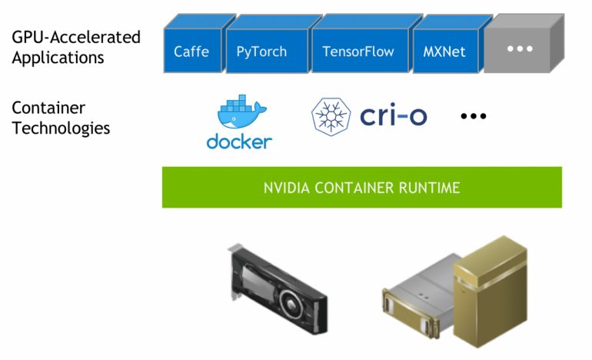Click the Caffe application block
click(x=191, y=52)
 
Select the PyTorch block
click(x=261, y=52)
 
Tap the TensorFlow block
click(x=358, y=52)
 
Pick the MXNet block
click(x=444, y=52)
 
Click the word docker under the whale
click(x=239, y=142)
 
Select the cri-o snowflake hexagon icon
click(x=331, y=116)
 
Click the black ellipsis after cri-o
click(x=474, y=116)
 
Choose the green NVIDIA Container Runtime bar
click(x=361, y=187)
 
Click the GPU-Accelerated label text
click(x=76, y=37)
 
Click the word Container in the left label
click(x=48, y=108)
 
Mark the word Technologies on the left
click(x=61, y=128)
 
